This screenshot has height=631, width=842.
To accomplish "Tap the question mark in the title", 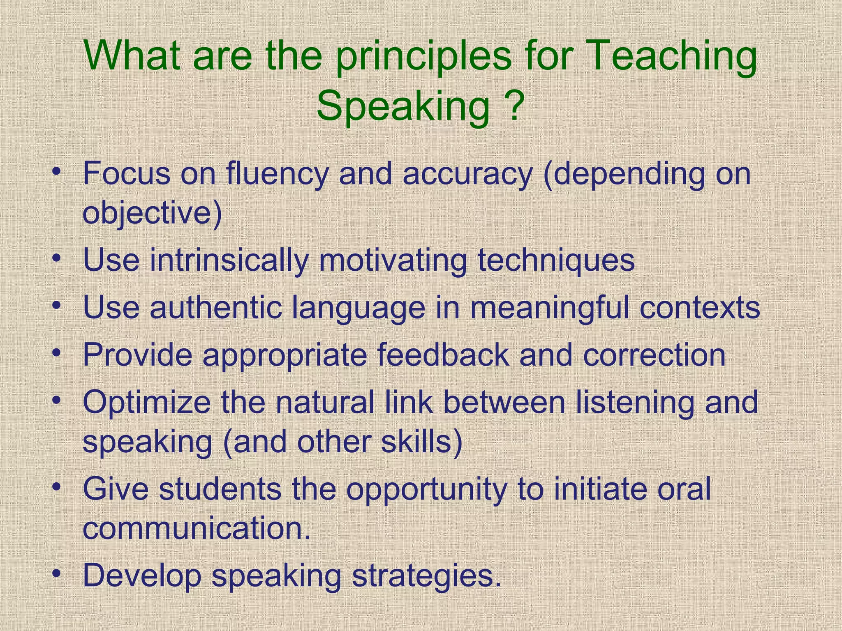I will coord(511,106).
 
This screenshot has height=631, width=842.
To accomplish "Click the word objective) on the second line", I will coord(152,214).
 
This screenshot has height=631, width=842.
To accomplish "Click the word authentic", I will coord(215,308).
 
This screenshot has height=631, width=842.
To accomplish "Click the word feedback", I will coord(443,355).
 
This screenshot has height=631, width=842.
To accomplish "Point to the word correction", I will coord(654,355).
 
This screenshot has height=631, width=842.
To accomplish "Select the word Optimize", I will coord(147,403).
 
